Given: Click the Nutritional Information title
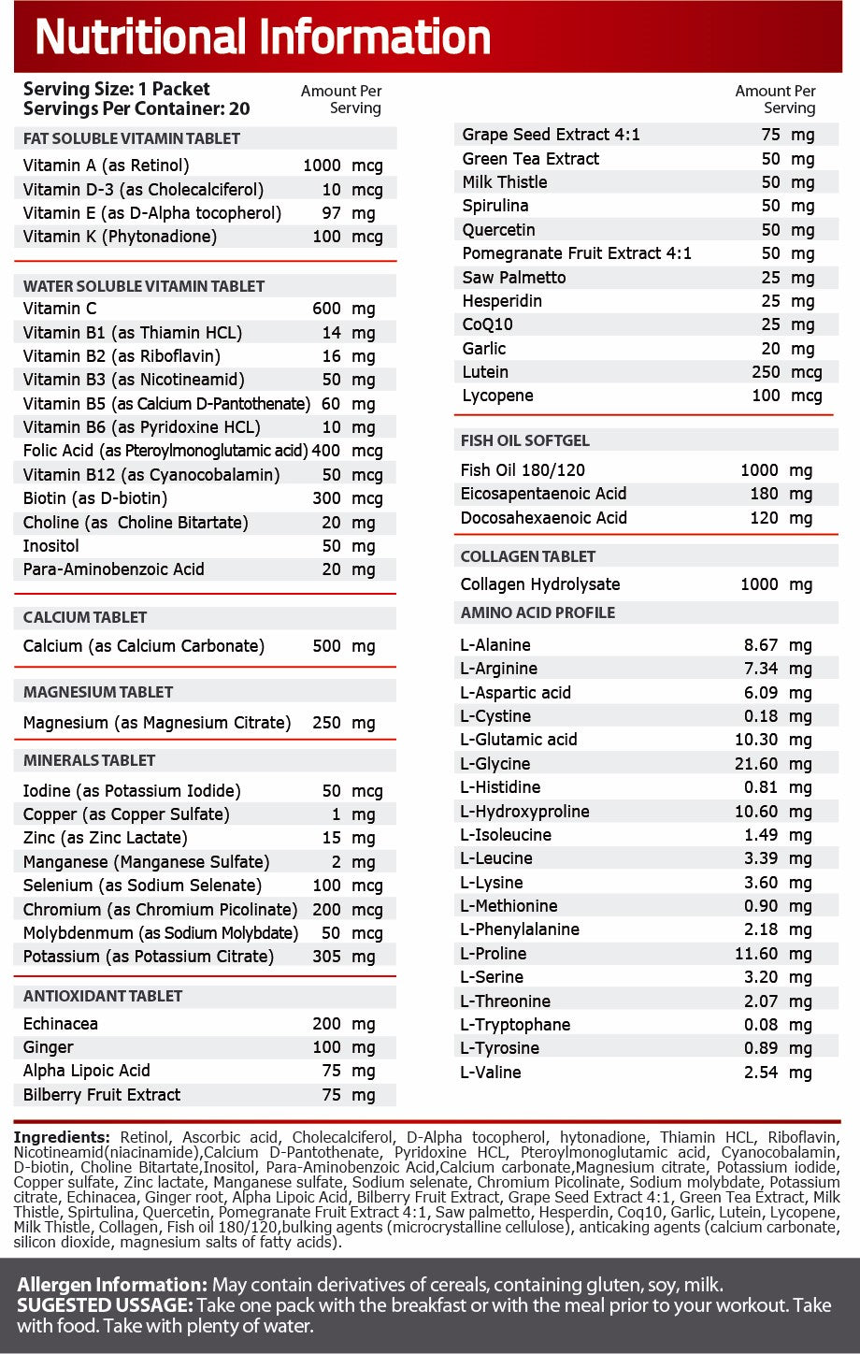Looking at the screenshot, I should (x=263, y=37).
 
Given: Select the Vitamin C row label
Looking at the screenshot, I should (x=60, y=309).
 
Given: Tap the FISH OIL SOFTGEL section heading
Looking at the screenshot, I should (x=525, y=440).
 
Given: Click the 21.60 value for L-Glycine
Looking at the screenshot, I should (x=761, y=764).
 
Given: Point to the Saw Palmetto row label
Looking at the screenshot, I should (x=514, y=278).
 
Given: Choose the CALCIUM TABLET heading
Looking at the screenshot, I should (x=85, y=617).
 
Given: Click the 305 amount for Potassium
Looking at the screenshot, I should (x=326, y=957).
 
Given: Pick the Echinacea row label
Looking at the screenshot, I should (x=61, y=1024).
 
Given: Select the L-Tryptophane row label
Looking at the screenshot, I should (x=515, y=1025).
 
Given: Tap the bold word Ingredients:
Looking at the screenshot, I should (x=62, y=1138).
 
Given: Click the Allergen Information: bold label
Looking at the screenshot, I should (x=112, y=1285).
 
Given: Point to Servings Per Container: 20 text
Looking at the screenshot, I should (x=136, y=108).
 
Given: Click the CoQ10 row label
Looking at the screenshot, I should (x=487, y=324).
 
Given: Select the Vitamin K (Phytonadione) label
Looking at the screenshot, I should (x=120, y=237).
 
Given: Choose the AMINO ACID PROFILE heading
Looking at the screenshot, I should (x=537, y=612).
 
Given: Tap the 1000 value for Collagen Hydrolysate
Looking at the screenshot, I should (x=758, y=584).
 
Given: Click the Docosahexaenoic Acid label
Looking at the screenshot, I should (x=544, y=518).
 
